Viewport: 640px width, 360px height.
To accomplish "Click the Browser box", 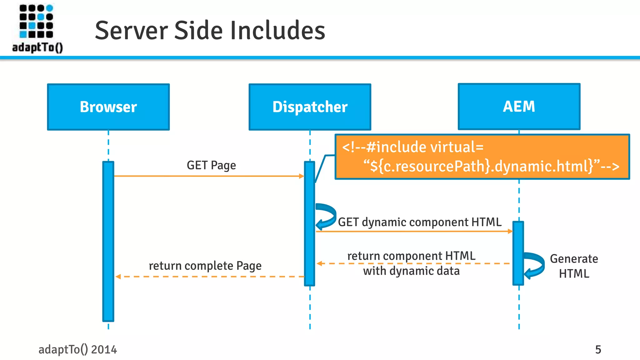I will click(108, 107).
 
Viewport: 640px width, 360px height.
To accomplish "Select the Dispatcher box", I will click(310, 107).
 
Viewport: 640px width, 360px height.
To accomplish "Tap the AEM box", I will click(519, 106).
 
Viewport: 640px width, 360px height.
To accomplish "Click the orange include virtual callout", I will click(482, 157).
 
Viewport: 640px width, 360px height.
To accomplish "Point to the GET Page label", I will click(211, 165).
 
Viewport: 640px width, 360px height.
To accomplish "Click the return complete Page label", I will click(205, 266).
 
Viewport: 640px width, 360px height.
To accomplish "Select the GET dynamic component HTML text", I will click(420, 222).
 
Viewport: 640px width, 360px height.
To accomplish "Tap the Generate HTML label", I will click(574, 266).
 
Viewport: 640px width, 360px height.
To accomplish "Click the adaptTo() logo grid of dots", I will click(36, 21).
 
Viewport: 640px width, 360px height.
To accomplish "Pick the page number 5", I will click(598, 349).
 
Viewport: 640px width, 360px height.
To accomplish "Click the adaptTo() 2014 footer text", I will click(77, 349).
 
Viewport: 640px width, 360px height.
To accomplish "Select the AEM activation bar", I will click(518, 253).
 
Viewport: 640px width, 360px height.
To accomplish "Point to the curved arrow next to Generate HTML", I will click(535, 265).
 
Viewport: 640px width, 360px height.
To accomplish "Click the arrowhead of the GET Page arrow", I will click(302, 176).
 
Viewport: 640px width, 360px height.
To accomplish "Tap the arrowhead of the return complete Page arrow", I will click(118, 277).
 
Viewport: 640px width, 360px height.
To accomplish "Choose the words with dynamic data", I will click(411, 271).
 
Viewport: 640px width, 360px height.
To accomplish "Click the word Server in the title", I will click(132, 31).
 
